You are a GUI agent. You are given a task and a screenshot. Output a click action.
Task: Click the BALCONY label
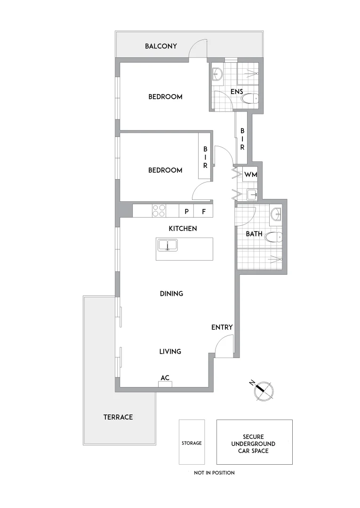161,46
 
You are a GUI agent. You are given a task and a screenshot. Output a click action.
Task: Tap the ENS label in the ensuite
236,91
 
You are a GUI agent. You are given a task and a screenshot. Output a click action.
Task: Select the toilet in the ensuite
249,98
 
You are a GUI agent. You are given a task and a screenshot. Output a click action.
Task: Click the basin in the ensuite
218,74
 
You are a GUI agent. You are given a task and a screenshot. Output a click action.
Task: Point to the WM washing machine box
250,175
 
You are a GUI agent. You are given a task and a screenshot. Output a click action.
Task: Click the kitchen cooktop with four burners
159,211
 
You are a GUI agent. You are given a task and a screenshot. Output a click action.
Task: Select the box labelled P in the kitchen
186,211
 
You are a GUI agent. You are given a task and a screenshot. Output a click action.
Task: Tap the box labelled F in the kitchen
204,211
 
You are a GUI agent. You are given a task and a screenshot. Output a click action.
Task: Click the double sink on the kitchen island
167,245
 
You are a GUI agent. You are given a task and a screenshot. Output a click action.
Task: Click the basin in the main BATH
277,215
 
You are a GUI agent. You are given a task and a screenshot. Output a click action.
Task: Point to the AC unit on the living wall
165,384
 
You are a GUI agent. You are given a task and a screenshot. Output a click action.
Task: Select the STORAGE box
192,443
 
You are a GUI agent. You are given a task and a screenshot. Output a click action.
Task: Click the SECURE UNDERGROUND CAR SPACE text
254,444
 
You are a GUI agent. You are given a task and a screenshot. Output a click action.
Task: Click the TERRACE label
118,417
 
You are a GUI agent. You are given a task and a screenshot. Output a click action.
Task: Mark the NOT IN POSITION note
214,473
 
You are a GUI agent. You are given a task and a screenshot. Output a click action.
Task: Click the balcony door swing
198,48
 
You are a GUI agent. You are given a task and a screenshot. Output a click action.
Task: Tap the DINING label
171,294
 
